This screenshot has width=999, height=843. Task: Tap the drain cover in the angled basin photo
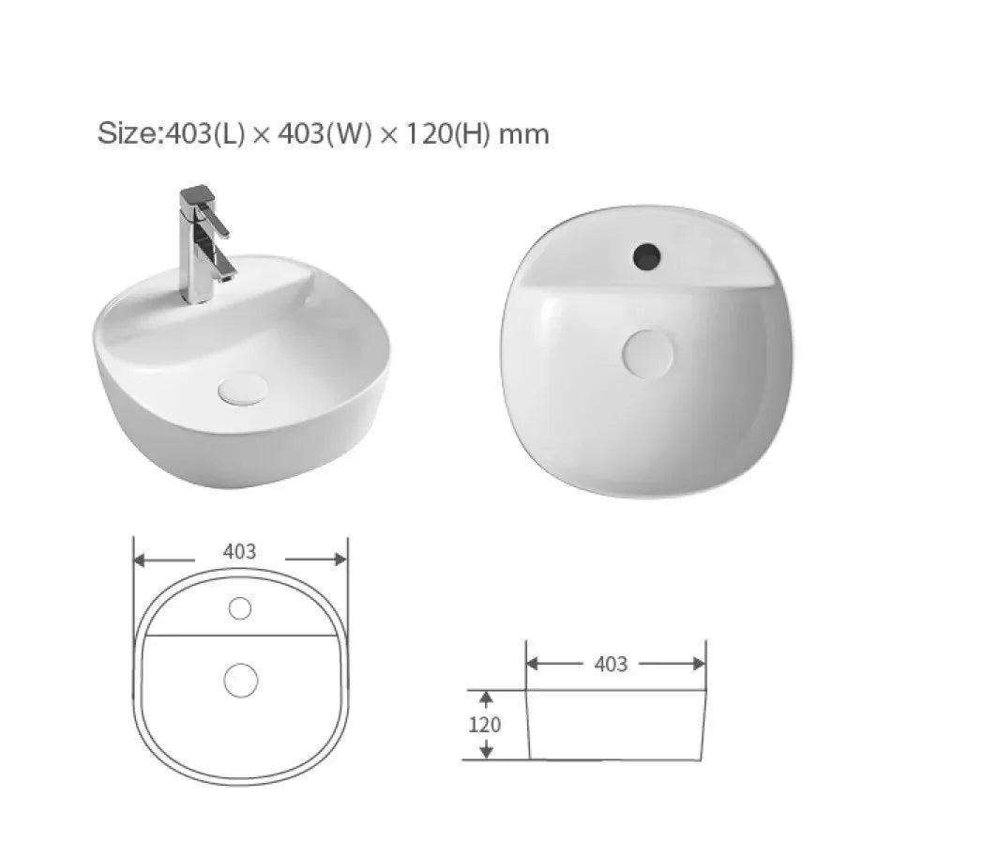(243, 389)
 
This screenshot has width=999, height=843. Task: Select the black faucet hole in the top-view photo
(646, 256)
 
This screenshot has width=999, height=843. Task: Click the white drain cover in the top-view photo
(647, 353)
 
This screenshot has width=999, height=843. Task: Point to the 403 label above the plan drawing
(239, 552)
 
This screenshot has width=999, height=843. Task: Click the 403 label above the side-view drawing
(611, 665)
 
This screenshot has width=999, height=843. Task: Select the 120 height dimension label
(485, 725)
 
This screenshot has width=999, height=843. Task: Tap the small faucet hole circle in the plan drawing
(240, 608)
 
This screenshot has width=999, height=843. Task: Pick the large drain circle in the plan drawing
(241, 680)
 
